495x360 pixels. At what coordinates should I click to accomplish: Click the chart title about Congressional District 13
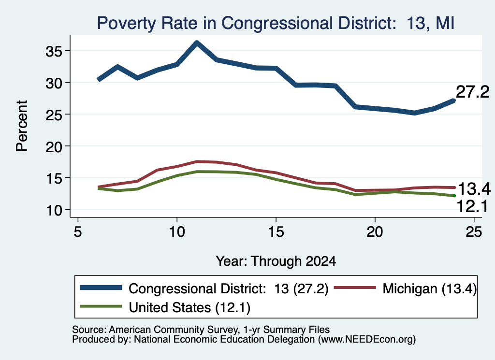click(x=276, y=23)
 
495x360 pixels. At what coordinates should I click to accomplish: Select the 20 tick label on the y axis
click(x=54, y=146)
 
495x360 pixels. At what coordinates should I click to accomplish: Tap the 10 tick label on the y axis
click(x=54, y=210)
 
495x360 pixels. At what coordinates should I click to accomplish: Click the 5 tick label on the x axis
click(x=78, y=232)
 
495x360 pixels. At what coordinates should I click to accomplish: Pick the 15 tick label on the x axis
click(x=276, y=232)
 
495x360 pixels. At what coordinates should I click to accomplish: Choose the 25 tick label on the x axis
click(x=474, y=232)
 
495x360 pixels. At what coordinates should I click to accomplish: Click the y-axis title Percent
click(x=22, y=126)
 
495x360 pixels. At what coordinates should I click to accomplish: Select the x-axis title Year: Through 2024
click(x=276, y=261)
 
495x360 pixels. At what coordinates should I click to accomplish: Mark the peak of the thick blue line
click(x=197, y=43)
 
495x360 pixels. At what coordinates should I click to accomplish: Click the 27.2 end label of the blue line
click(x=472, y=92)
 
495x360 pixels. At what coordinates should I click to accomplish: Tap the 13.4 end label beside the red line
click(x=474, y=189)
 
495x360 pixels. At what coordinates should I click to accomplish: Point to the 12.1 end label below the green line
click(x=472, y=207)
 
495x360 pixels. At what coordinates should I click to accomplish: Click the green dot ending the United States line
click(x=454, y=196)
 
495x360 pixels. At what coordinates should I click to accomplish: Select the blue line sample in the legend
click(x=101, y=288)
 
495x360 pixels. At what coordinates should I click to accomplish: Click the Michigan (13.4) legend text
click(x=429, y=288)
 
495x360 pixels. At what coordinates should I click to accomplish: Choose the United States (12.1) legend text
click(x=189, y=308)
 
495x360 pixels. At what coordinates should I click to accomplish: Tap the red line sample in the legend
click(x=355, y=288)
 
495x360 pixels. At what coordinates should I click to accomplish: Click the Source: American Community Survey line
click(x=201, y=330)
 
